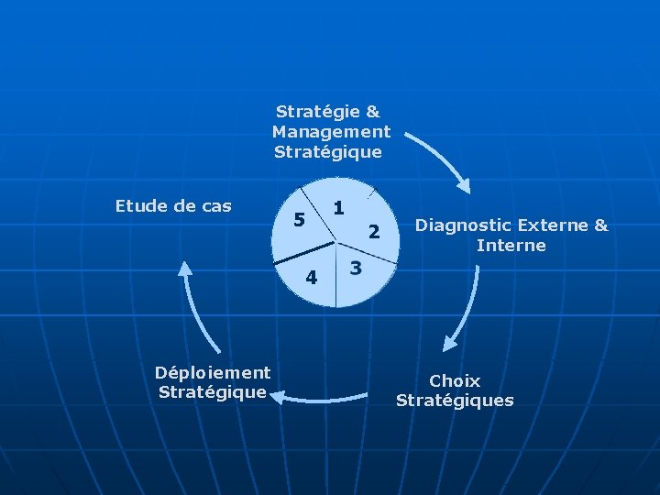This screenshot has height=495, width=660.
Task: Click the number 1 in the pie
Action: pos(338,208)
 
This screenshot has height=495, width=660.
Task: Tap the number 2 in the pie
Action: pos(373,233)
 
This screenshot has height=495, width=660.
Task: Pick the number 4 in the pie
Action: pos(312,276)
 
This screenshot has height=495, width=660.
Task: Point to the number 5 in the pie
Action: pos(297,220)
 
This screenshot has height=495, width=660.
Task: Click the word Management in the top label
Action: pos(331,132)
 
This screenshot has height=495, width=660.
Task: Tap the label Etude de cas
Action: pos(173,206)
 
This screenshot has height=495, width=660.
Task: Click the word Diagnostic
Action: pos(462,225)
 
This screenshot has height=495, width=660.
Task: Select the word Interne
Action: pos(511,246)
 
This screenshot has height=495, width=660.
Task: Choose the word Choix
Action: pos(455,380)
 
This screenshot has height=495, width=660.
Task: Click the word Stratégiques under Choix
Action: pos(455,401)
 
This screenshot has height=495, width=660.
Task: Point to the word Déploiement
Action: pos(213,372)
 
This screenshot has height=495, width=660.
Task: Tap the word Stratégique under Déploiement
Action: pos(213,392)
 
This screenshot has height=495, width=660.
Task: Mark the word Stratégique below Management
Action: pos(327,152)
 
